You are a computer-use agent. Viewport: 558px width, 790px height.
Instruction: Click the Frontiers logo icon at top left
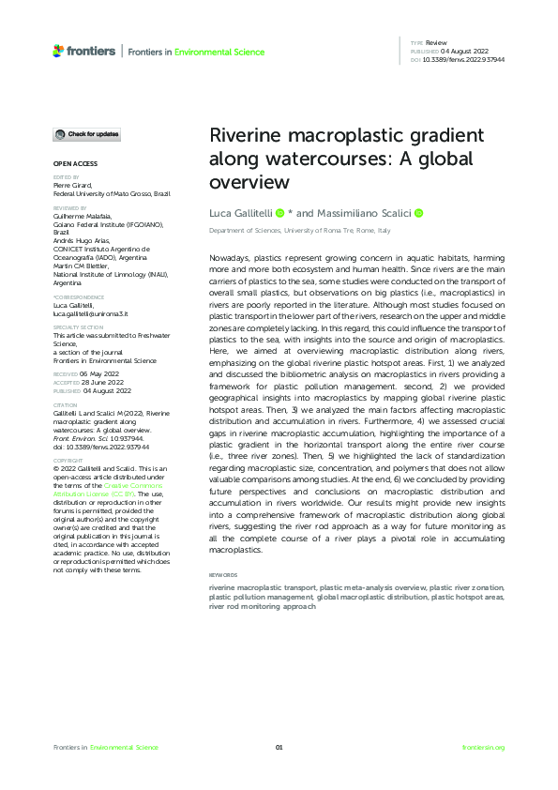pos(58,51)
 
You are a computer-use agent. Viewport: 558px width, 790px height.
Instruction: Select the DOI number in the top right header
pos(465,59)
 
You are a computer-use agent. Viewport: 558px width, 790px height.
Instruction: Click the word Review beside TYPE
pos(437,43)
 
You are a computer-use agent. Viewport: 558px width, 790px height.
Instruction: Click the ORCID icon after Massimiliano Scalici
pos(418,214)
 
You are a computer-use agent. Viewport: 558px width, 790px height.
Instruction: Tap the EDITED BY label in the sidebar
pos(66,176)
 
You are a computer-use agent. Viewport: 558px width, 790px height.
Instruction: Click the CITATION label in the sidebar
pos(65,406)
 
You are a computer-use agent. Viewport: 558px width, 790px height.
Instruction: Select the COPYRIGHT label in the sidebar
pos(67,461)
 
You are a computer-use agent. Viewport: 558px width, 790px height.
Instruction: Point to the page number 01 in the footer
pos(279,747)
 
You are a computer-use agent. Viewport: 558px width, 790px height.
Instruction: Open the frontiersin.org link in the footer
pos(484,747)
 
